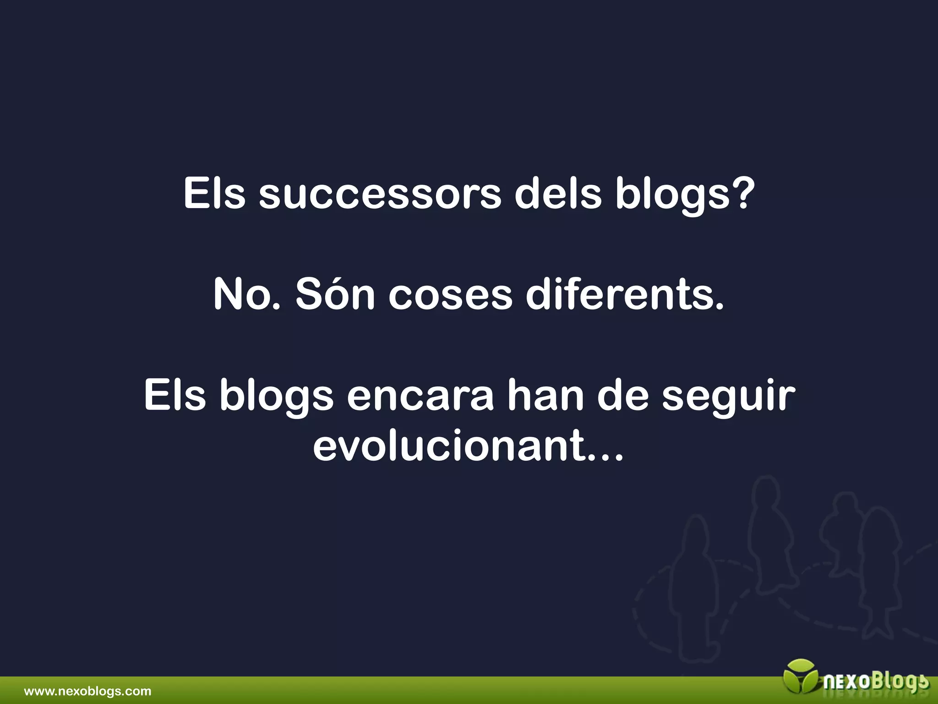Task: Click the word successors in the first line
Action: point(380,194)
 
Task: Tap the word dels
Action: point(557,194)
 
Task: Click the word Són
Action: point(335,295)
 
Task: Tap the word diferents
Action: point(625,295)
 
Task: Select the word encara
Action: point(420,396)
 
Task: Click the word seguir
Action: point(728,396)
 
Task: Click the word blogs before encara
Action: point(277,396)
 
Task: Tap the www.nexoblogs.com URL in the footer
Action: point(87,691)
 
